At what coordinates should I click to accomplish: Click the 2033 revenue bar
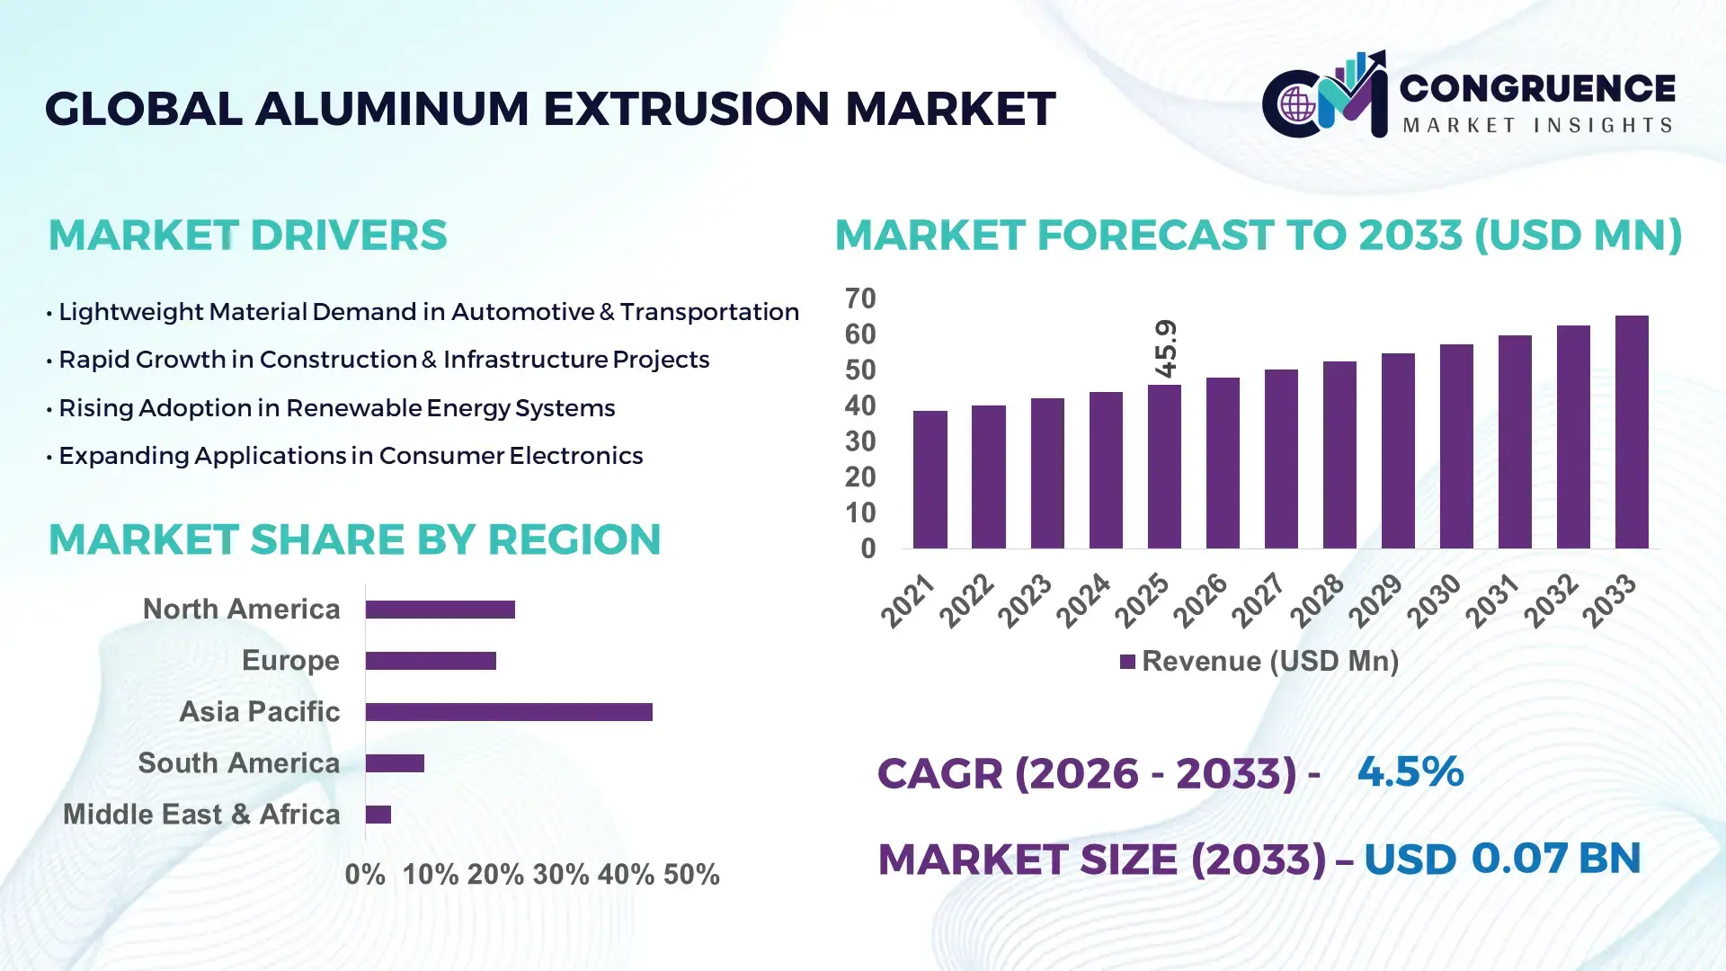pos(1632,432)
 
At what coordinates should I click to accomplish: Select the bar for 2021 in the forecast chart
pos(930,479)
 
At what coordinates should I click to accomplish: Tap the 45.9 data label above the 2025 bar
pos(1166,349)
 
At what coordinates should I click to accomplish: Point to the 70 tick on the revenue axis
pos(859,298)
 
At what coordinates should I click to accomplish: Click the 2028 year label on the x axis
pos(1317,600)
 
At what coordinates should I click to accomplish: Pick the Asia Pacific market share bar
pos(509,712)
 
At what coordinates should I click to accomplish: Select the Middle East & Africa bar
pos(378,815)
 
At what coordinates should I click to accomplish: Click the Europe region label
pos(290,661)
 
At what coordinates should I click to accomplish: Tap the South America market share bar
pos(395,763)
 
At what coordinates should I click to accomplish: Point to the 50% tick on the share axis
pos(691,874)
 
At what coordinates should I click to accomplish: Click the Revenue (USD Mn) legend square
pos(1127,662)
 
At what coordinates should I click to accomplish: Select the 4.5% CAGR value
pos(1410,771)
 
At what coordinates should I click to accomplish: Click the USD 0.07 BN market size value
pos(1502,859)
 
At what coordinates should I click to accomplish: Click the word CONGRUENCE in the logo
pos(1537,88)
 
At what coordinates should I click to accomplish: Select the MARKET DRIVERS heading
pos(247,236)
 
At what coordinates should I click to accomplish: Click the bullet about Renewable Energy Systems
pos(336,408)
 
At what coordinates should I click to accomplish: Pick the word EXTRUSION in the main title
pos(686,109)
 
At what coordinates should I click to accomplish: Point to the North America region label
pos(241,610)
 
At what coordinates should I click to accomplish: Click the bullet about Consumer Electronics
pos(351,456)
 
